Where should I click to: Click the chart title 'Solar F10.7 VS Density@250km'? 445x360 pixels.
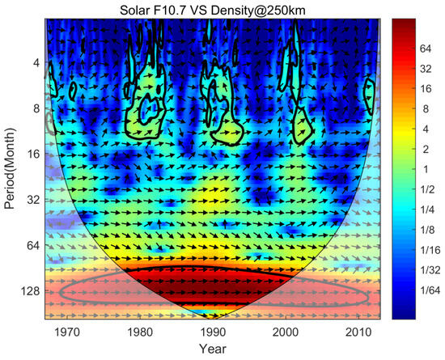tap(213, 8)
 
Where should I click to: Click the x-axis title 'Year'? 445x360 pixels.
tap(213, 351)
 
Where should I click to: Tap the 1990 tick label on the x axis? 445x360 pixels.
tap(212, 332)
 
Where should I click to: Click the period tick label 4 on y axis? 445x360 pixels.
tap(36, 63)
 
